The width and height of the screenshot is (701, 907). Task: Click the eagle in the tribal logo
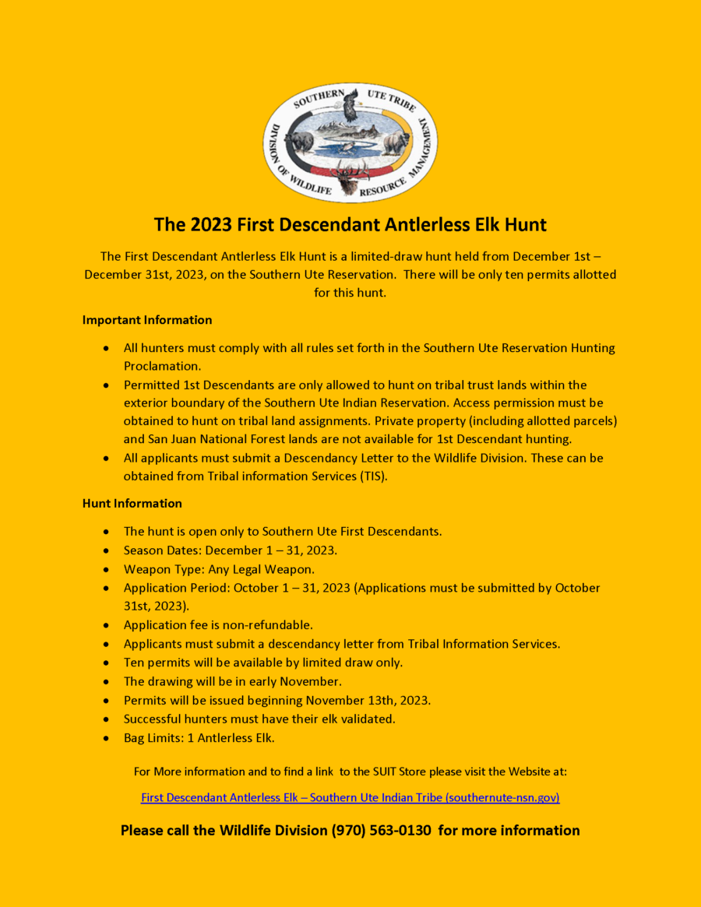[350, 107]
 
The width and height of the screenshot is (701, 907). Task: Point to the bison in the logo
[397, 142]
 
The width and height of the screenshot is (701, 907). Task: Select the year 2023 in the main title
[210, 225]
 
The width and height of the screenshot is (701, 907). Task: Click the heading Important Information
[147, 320]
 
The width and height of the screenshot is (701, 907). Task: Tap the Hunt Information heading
[132, 503]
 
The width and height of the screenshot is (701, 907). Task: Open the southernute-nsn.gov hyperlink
[350, 797]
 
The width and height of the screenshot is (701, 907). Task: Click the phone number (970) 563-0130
[381, 831]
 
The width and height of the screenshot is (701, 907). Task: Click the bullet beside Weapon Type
[106, 569]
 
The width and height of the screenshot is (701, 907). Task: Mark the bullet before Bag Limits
[106, 737]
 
